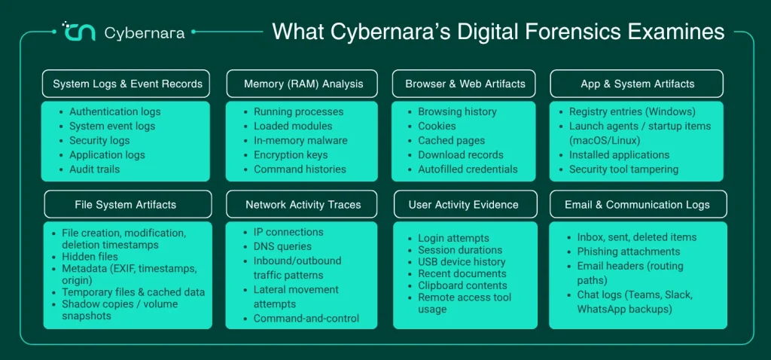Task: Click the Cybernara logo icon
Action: point(78,32)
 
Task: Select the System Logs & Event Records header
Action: point(126,84)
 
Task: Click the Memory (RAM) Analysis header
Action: point(302,84)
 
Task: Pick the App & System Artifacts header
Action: point(636,84)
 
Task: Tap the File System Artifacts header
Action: point(128,204)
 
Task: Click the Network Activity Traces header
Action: point(302,204)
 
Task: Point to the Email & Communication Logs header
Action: point(638,204)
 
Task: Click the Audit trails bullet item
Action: point(94,169)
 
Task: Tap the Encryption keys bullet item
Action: point(291,155)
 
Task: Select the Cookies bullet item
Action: point(437,126)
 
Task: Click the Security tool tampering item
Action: point(623,169)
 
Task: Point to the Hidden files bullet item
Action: point(90,256)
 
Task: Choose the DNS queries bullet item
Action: point(282,246)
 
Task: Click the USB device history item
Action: point(462,261)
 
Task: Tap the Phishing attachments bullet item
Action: point(629,252)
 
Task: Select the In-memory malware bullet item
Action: point(300,140)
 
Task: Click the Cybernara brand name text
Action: point(145,33)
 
